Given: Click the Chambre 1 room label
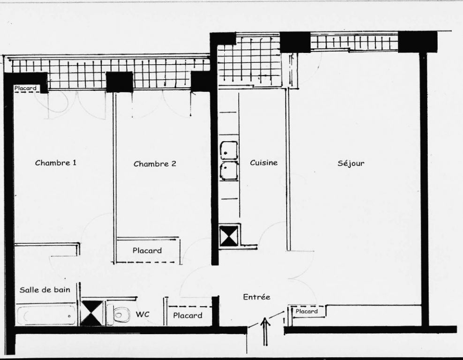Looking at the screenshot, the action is click(55, 163).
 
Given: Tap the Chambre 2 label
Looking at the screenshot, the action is click(155, 164).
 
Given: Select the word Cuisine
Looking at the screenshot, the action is click(264, 163).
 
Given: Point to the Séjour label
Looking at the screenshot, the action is click(351, 163).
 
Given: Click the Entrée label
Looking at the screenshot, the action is click(256, 297).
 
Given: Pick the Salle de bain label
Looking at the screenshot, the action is click(45, 290).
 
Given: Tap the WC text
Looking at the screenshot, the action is click(142, 314).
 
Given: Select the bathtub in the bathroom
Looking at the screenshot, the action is click(46, 315).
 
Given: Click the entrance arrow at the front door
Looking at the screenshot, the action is click(265, 331).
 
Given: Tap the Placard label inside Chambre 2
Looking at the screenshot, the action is click(147, 250).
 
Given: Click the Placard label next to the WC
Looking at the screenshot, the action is click(188, 315).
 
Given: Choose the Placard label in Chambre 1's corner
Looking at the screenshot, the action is click(25, 88).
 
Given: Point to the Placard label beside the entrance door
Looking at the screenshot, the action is click(306, 311).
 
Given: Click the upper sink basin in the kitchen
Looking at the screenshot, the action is click(229, 150).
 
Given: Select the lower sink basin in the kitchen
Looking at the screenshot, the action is click(229, 171).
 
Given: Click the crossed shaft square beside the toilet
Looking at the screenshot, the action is click(92, 313).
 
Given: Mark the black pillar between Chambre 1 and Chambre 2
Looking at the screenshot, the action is click(119, 82).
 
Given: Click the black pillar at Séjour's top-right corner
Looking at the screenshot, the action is click(417, 42).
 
